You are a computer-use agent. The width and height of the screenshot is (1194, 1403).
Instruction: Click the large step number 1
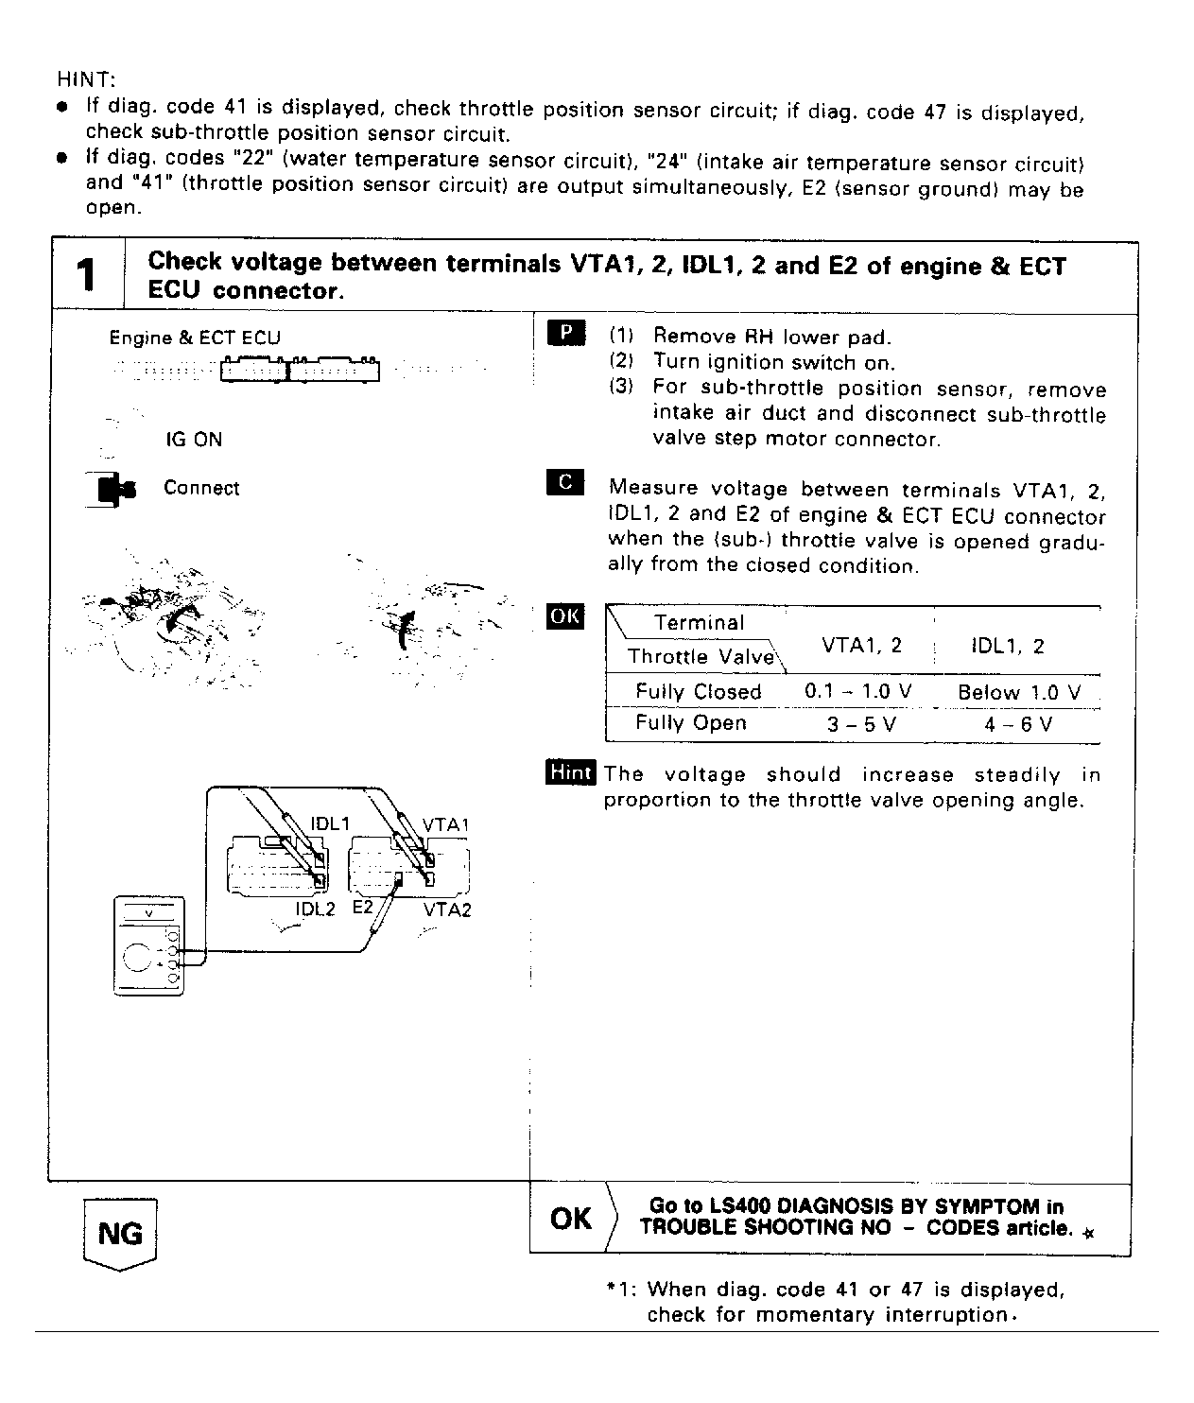[x=87, y=276]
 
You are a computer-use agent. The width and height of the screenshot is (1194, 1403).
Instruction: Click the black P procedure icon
[x=565, y=334]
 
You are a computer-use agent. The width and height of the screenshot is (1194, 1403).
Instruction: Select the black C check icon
[x=565, y=482]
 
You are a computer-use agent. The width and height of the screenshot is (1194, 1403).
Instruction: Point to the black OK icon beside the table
[x=565, y=616]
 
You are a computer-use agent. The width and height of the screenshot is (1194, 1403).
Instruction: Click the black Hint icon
[x=570, y=773]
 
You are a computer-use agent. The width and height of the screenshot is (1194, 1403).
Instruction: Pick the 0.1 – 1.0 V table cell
[x=857, y=691]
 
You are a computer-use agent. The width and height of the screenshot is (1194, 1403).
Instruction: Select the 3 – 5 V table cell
[x=860, y=724]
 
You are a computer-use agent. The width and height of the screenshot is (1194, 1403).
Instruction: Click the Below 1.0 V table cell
[x=1018, y=692]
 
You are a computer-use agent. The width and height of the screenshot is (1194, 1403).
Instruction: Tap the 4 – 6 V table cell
[x=1018, y=725]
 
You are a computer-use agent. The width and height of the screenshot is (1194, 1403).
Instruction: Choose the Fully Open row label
[x=691, y=723]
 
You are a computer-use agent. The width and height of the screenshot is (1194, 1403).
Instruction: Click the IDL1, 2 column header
[x=1008, y=646]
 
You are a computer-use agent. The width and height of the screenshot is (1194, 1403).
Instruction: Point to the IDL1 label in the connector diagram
[x=330, y=823]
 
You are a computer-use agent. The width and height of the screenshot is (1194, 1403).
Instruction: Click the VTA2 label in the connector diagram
[x=446, y=909]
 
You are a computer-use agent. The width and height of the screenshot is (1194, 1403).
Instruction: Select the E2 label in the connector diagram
[x=363, y=907]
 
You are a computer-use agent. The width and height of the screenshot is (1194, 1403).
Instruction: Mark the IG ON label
[x=194, y=440]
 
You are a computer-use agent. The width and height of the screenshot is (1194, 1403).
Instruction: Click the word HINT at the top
[x=85, y=78]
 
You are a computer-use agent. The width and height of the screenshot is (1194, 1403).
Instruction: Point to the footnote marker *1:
[x=623, y=1290]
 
